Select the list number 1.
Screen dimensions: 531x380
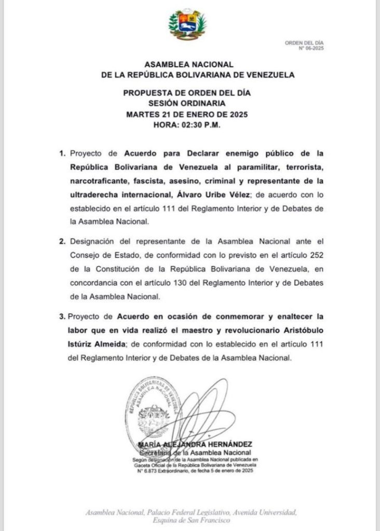[62, 153]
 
